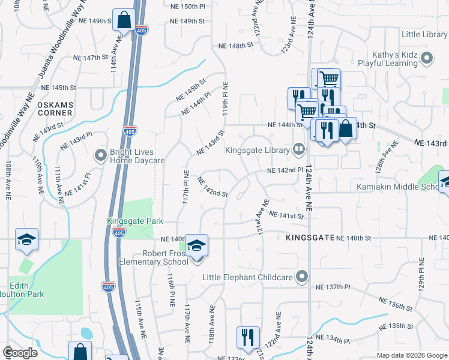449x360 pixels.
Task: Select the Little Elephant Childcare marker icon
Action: pyautogui.click(x=302, y=277)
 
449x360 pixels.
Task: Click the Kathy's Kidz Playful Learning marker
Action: pyautogui.click(x=427, y=58)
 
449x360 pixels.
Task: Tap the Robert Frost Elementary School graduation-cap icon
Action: pyautogui.click(x=196, y=246)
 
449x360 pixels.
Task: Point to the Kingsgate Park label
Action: pyautogui.click(x=135, y=221)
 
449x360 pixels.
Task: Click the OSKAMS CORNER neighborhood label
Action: pyautogui.click(x=55, y=109)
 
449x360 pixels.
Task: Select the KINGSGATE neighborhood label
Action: pyautogui.click(x=310, y=238)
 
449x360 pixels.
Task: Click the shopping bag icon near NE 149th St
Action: pyautogui.click(x=124, y=20)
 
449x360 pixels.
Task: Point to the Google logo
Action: pyautogui.click(x=20, y=353)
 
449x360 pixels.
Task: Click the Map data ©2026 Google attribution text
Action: pyautogui.click(x=411, y=355)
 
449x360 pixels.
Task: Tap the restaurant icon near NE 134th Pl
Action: pyautogui.click(x=248, y=337)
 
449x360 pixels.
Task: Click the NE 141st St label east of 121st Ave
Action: pyautogui.click(x=287, y=215)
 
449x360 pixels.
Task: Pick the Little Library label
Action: pyautogui.click(x=425, y=35)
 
